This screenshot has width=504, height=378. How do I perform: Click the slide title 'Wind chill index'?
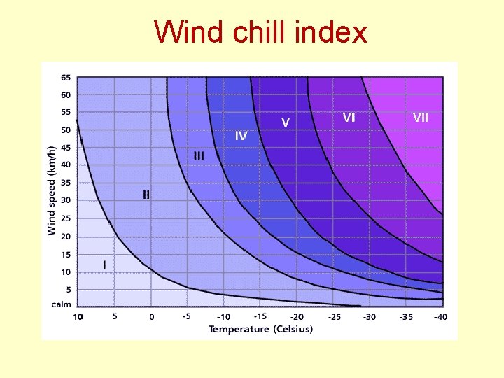tap(260, 32)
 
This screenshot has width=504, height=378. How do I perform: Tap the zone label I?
tap(105, 265)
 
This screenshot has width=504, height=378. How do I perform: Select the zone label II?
tap(146, 195)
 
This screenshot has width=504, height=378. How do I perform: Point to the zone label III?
tap(199, 156)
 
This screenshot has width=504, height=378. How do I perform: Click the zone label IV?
tap(241, 136)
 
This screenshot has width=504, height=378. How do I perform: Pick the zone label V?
tap(286, 122)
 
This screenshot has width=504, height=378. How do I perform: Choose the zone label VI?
tap(349, 118)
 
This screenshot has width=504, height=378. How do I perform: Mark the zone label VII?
tap(420, 118)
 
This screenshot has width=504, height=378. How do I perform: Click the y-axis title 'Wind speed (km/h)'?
tap(51, 190)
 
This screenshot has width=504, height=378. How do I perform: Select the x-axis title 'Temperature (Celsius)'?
tap(261, 329)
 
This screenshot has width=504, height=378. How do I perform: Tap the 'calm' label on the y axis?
tap(61, 304)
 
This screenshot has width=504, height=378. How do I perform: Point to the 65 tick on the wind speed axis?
tap(66, 77)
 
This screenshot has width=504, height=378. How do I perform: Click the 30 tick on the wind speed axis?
tap(66, 200)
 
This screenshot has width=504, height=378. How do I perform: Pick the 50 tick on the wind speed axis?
tap(66, 129)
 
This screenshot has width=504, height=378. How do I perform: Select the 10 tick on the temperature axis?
tap(78, 317)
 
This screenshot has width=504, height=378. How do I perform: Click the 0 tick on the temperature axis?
tap(152, 317)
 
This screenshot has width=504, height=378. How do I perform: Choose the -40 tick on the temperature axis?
tap(440, 317)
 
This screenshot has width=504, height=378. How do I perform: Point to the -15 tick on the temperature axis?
tap(260, 316)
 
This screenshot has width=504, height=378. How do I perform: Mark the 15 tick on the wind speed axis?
tap(66, 254)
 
